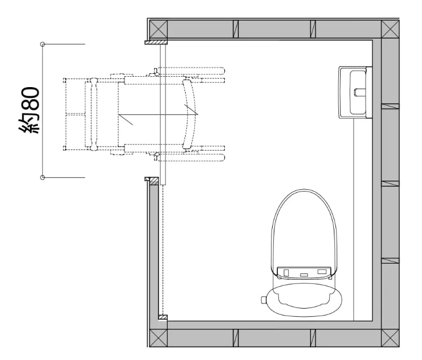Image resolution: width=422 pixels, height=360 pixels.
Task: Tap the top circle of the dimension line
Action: point(43,44)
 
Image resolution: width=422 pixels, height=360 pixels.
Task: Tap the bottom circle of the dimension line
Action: point(43,178)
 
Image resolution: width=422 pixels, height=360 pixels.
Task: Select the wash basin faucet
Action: point(359,92)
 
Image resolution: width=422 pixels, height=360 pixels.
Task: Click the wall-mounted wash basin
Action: point(355,92)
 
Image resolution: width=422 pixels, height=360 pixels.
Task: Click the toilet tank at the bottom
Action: point(305,299)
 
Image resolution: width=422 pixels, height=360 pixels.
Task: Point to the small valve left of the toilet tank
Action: point(264,299)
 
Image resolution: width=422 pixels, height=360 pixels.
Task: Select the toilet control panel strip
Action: point(304,272)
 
